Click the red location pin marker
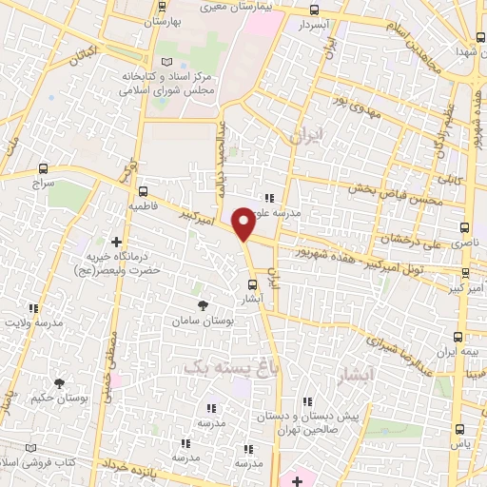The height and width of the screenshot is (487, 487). click(x=243, y=224)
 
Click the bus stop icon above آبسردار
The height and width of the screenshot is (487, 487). click(x=315, y=10)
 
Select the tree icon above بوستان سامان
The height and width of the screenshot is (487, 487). click(x=203, y=305)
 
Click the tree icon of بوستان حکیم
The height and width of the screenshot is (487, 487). click(x=60, y=383)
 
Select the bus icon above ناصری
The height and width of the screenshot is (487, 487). click(x=464, y=228)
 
